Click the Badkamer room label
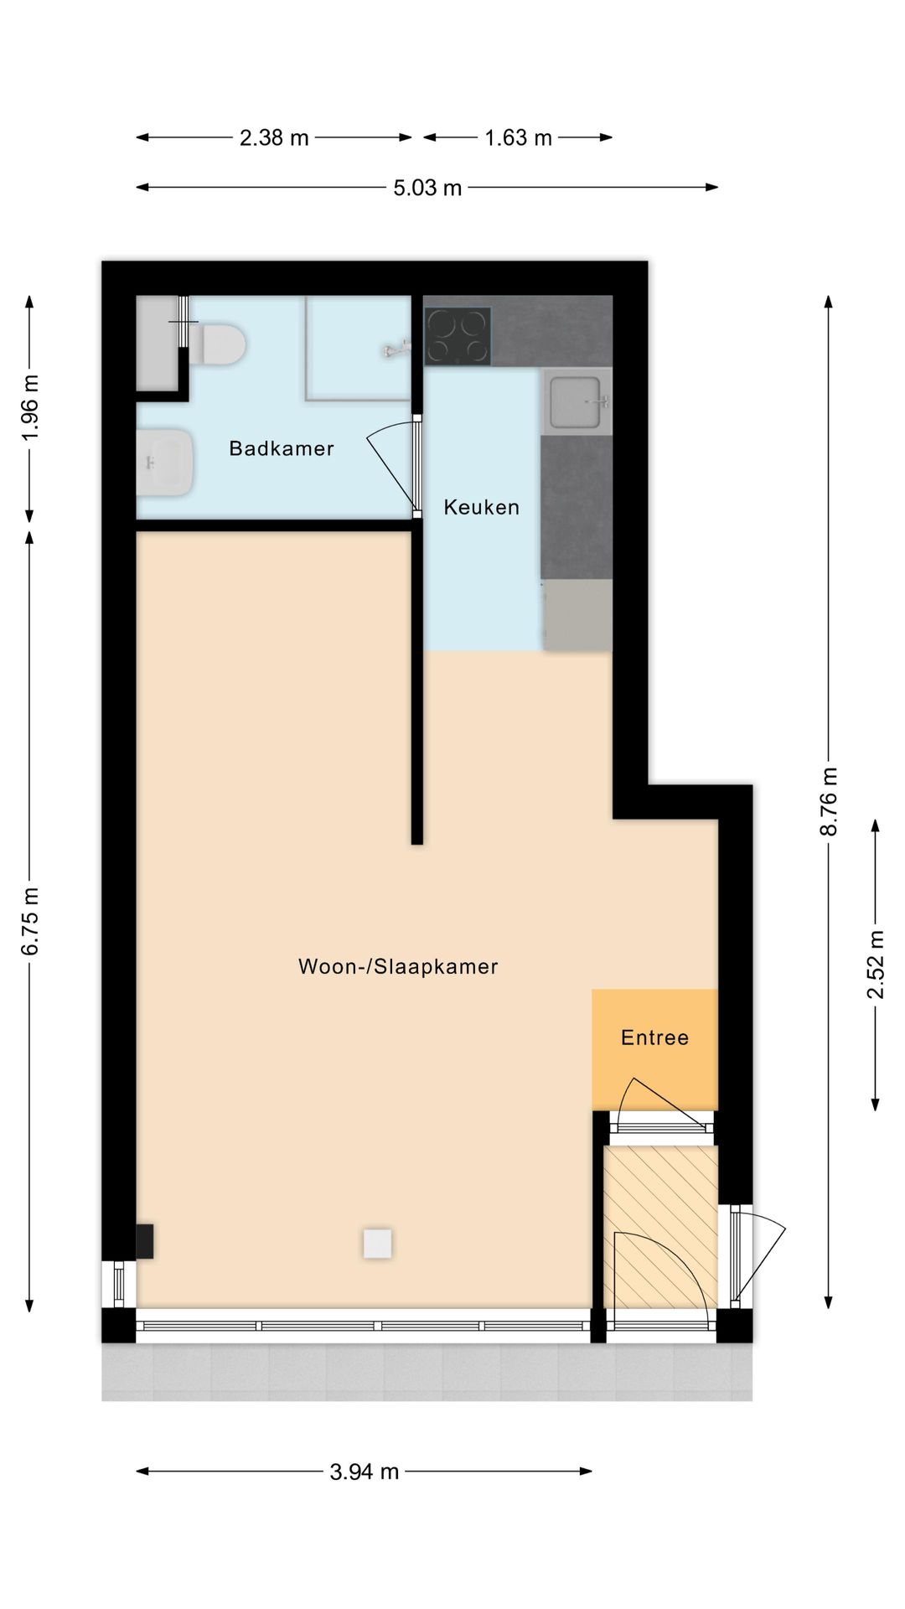[282, 448]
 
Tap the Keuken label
[482, 507]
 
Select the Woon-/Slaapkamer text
[398, 966]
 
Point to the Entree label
[655, 1037]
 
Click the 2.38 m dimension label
[274, 137]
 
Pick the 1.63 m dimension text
[518, 137]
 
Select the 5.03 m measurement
[427, 188]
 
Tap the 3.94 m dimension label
[364, 1472]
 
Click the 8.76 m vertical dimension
[828, 801]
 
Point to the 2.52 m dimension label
[876, 965]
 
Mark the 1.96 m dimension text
[29, 408]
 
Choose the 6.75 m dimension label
[29, 921]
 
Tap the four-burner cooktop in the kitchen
[458, 336]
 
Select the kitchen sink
[576, 401]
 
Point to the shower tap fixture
[397, 349]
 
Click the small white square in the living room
[377, 1244]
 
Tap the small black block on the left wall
[144, 1241]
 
